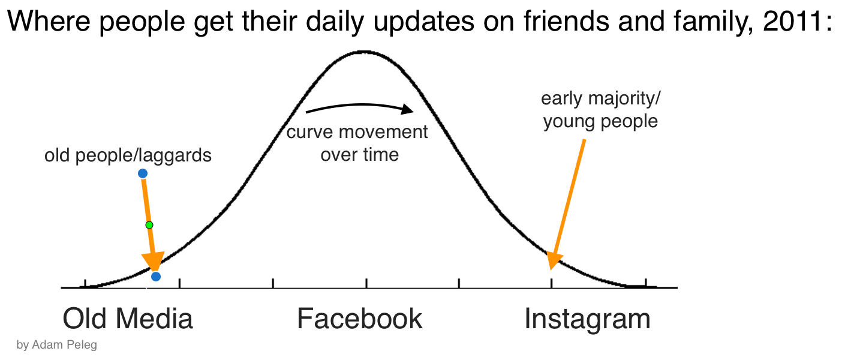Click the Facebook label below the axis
360,319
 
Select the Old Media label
128,319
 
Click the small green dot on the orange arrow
149,225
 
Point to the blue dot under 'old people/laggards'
143,173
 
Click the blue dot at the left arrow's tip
156,277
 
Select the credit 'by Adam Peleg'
57,345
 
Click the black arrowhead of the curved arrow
407,109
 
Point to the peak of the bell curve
364,52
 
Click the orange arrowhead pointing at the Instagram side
554,260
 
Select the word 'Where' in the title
49,21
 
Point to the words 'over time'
360,155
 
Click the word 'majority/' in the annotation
625,99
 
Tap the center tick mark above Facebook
366,283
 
